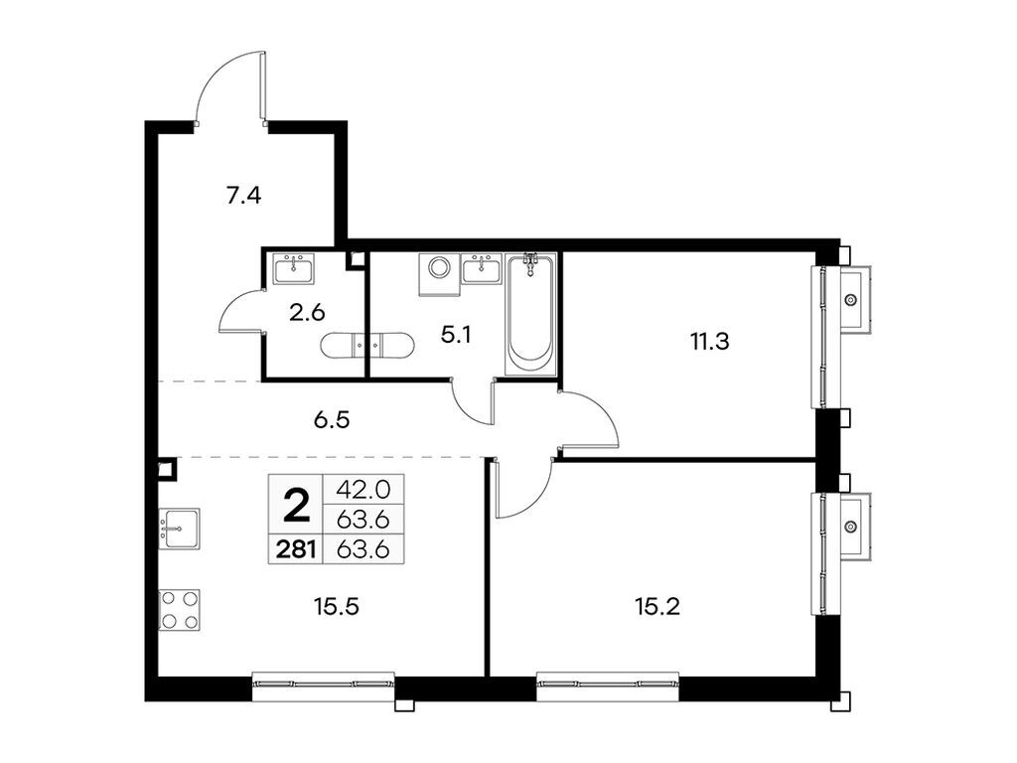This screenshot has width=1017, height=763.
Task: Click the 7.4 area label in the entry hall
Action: click(x=243, y=196)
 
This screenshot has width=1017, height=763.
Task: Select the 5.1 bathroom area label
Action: click(x=455, y=336)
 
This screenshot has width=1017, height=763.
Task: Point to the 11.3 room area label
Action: click(x=710, y=343)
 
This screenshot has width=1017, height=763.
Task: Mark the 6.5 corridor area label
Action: click(x=330, y=420)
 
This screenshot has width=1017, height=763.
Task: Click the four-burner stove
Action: click(x=180, y=610)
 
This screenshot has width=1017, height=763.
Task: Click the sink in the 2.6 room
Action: click(x=294, y=269)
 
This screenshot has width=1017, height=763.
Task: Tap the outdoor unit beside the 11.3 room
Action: click(x=851, y=298)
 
